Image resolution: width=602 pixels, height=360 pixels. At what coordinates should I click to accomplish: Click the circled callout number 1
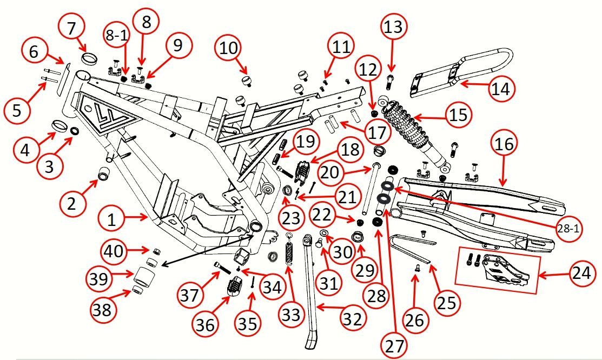click(x=112, y=219)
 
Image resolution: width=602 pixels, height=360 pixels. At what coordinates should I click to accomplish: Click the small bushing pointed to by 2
click(x=103, y=175)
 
